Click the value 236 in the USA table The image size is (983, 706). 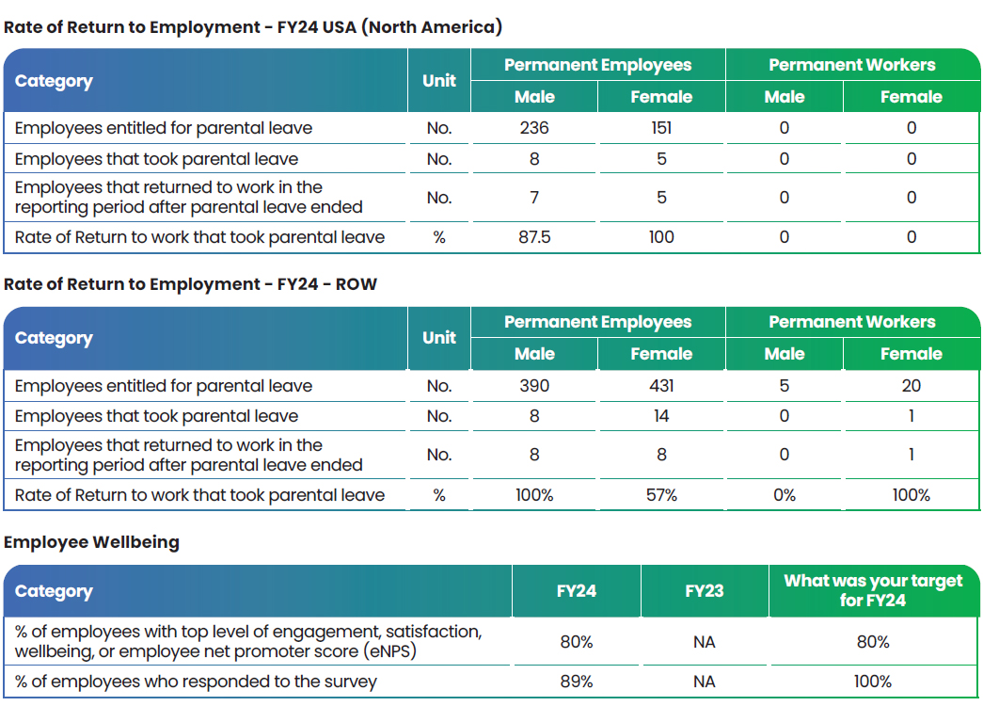[534, 128]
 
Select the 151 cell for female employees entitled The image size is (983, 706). [661, 128]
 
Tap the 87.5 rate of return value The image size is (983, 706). [534, 237]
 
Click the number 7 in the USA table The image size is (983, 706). [534, 198]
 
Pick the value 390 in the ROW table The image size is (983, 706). [534, 385]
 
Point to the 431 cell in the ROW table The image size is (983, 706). [661, 385]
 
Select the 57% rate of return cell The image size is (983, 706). [661, 495]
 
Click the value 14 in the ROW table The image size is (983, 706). [661, 416]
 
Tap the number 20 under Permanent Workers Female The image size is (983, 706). [911, 385]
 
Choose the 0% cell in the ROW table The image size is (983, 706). [785, 495]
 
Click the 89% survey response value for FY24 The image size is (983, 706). [576, 682]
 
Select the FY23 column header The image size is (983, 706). [704, 591]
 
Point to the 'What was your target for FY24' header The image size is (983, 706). [873, 590]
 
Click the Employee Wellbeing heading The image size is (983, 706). [91, 542]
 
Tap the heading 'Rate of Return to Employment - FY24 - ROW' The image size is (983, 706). [191, 284]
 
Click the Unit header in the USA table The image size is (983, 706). [439, 81]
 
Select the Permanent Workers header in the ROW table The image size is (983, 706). [852, 322]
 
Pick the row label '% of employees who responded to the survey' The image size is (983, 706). [196, 682]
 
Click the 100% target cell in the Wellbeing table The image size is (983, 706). [873, 682]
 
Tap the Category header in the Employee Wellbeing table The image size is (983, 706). [54, 592]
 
